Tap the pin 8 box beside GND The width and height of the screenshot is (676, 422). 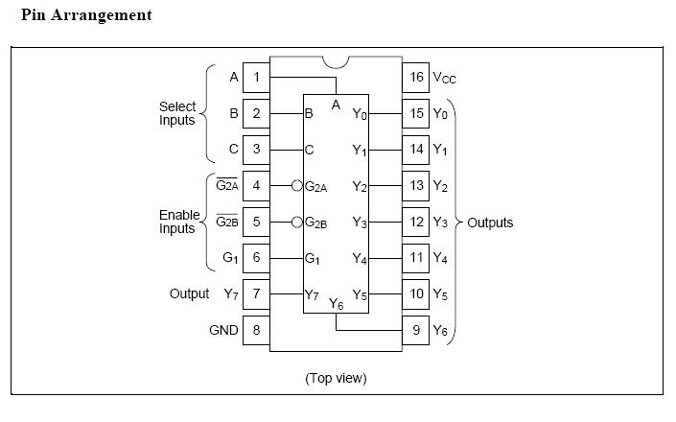coord(256,330)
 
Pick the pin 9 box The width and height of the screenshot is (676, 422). coord(416,330)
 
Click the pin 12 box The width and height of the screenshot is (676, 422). coord(416,223)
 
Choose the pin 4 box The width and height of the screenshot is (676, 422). coord(256,185)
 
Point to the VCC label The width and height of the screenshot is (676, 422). coord(443,78)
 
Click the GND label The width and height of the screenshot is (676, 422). coord(223,330)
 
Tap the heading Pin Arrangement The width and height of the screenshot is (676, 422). coord(86,16)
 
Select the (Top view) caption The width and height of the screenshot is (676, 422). coord(336,378)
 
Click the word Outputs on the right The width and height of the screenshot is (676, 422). coord(490,223)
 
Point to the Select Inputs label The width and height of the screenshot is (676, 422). coord(177,113)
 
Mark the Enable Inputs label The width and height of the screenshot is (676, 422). coord(177,222)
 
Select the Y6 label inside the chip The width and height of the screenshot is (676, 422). coord(336,304)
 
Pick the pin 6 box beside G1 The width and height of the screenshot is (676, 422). coord(256,258)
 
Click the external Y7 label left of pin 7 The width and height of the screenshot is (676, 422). coord(230,294)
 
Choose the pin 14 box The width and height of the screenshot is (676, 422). coord(416,150)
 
